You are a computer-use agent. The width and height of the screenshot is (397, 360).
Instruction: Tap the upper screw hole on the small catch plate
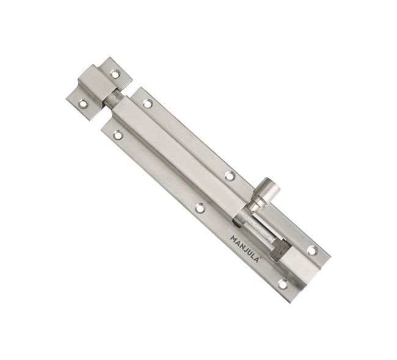[115, 74]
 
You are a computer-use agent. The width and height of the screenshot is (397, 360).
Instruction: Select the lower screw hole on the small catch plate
[82, 104]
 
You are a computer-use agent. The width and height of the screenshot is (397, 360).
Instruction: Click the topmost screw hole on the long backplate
[147, 104]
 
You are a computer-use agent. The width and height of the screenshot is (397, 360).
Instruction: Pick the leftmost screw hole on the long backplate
[117, 135]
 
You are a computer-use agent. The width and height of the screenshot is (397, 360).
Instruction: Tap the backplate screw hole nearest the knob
[230, 176]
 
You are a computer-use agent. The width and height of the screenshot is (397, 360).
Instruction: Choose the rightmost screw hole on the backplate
[313, 250]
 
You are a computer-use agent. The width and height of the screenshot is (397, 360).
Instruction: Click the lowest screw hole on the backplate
[283, 284]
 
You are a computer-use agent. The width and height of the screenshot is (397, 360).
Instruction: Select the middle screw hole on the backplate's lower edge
[200, 208]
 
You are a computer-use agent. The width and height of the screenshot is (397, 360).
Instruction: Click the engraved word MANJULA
[244, 248]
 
